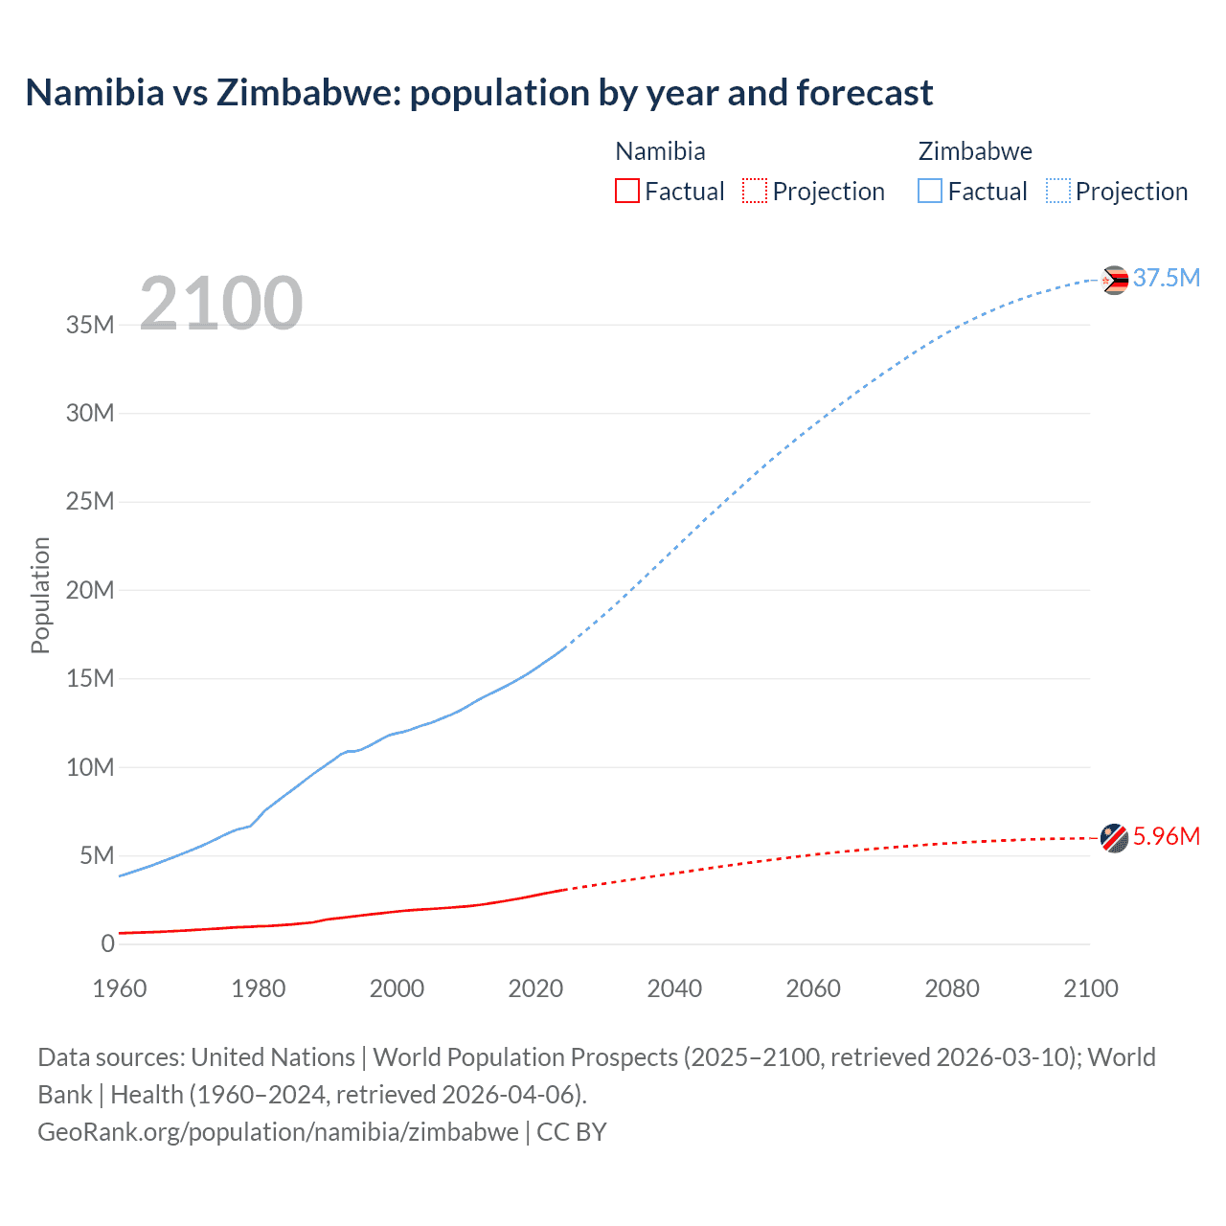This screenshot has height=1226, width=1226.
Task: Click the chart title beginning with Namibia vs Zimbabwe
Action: (x=479, y=93)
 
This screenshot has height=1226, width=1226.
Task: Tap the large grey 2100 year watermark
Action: (x=221, y=304)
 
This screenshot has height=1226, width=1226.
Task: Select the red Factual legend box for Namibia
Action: (x=626, y=192)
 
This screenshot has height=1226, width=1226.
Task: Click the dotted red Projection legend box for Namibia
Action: (x=755, y=192)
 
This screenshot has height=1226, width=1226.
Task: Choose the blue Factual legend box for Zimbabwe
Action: (x=930, y=192)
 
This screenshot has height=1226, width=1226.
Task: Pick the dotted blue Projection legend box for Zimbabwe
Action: (x=1057, y=192)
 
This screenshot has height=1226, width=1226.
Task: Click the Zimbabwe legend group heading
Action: (x=975, y=151)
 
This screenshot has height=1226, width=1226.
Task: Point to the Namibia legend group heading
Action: (x=660, y=151)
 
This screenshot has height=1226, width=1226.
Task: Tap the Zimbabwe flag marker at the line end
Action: (x=1114, y=280)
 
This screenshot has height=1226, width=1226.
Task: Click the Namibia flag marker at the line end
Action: (x=1114, y=838)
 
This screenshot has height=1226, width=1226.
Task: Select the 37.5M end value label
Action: (x=1166, y=278)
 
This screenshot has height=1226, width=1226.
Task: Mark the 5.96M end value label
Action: (x=1166, y=836)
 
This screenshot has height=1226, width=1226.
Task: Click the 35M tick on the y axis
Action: (x=90, y=325)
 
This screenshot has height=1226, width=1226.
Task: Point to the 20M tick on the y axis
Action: (x=90, y=590)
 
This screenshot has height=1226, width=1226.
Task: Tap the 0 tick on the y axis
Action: (x=107, y=943)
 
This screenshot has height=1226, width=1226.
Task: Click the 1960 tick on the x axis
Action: (x=120, y=988)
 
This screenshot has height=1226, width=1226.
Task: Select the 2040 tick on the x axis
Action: (x=674, y=988)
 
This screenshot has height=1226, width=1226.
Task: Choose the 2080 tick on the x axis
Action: (x=952, y=988)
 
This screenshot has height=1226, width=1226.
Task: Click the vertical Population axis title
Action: (x=40, y=595)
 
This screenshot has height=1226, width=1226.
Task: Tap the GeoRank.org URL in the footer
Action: (x=278, y=1132)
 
